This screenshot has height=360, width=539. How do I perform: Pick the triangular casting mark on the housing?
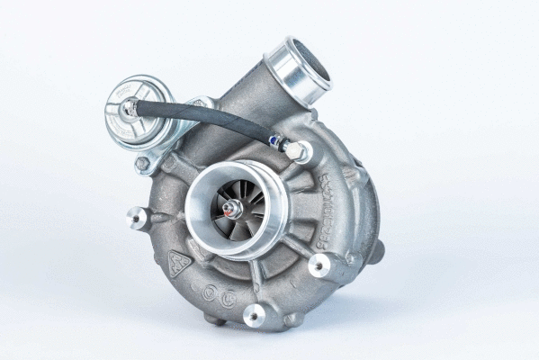pos(181,263)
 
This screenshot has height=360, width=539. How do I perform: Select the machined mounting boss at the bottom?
pos(256,314)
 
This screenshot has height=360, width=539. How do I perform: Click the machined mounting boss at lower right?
pos(319,265)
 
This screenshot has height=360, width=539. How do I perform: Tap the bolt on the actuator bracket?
pos(142,165)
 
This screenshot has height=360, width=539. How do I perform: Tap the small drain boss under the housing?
pos(211,318)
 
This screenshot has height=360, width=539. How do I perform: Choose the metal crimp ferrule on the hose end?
pos(275,141)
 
